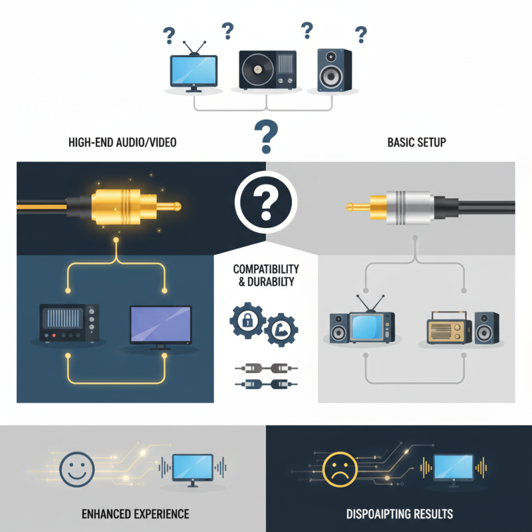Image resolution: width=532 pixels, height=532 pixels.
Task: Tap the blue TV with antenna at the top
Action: pyautogui.click(x=194, y=70)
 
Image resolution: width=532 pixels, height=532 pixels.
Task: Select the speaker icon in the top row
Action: pyautogui.click(x=330, y=70)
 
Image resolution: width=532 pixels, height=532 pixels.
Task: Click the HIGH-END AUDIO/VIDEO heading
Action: pyautogui.click(x=122, y=142)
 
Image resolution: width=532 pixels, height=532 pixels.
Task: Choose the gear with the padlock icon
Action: pyautogui.click(x=247, y=321)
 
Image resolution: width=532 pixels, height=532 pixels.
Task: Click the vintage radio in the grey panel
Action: pyautogui.click(x=450, y=328)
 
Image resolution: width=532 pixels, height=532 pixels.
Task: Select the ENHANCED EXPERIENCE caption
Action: pyautogui.click(x=135, y=514)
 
